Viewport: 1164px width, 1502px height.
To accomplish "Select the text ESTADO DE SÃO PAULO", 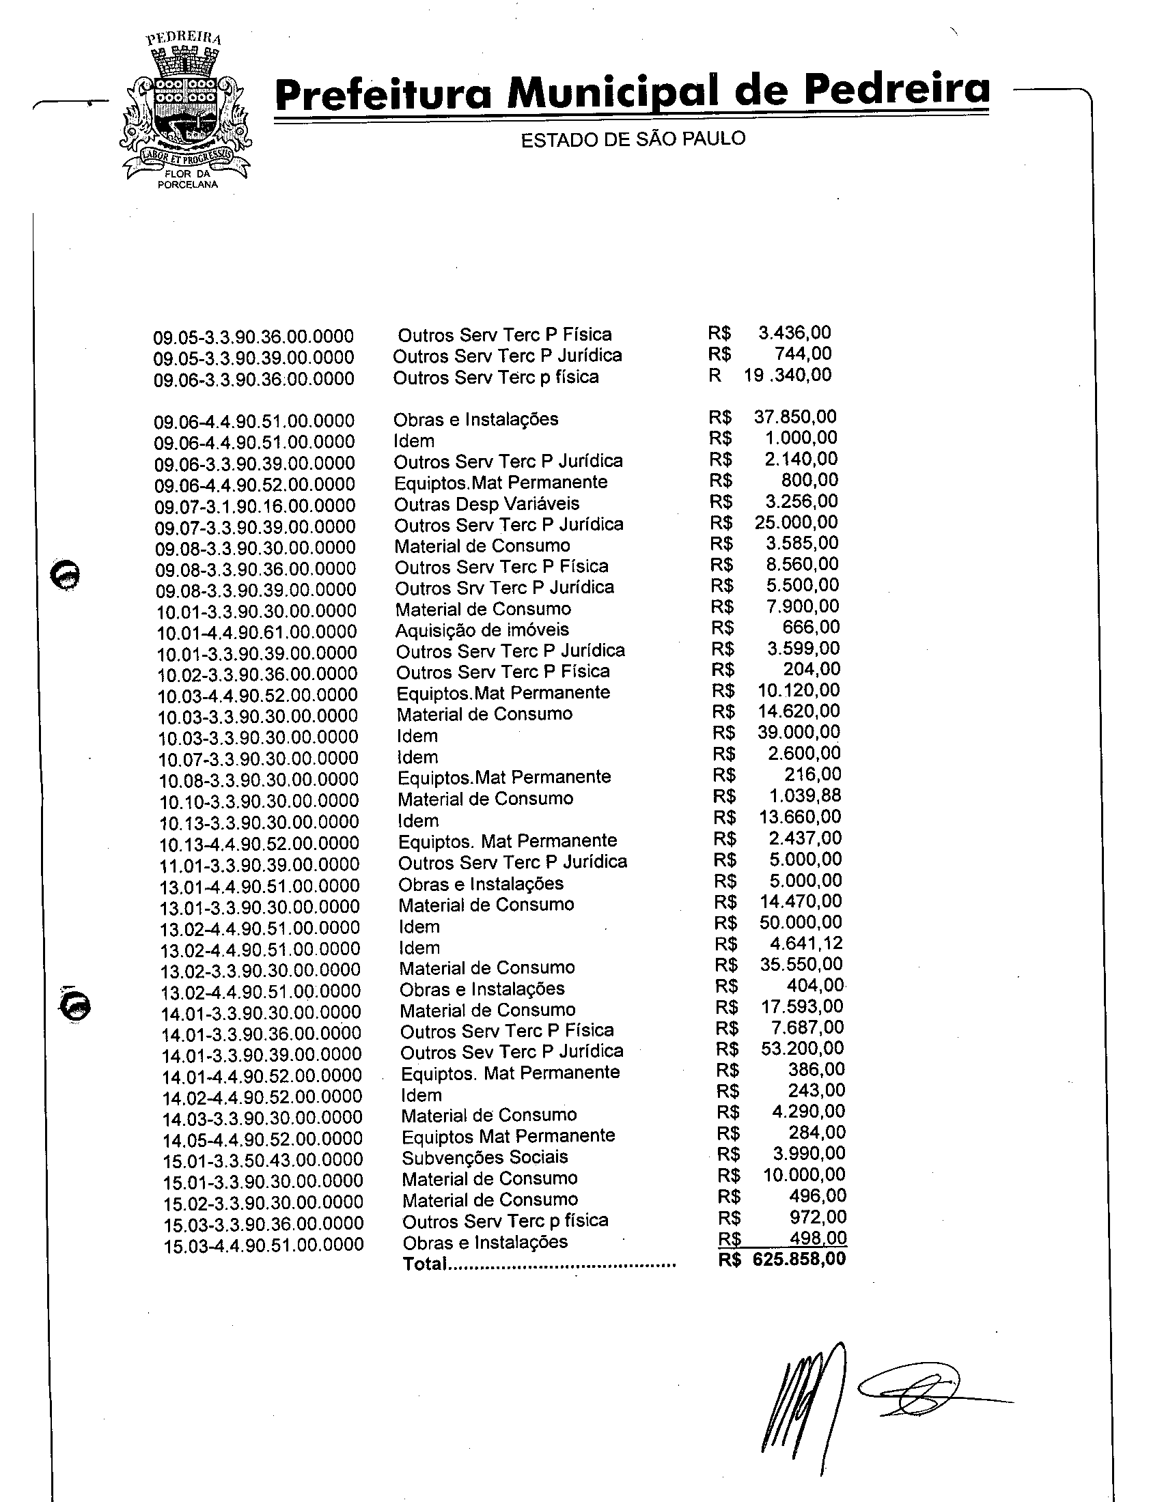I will (633, 139).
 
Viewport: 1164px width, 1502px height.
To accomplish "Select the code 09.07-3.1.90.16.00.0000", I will (255, 505).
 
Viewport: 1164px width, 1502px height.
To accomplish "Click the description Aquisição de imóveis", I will (482, 630).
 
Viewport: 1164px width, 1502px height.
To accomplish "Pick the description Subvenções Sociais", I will (485, 1157).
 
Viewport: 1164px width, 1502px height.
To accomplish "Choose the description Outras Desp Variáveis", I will (486, 504).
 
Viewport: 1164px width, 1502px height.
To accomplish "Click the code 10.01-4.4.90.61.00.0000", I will (257, 632).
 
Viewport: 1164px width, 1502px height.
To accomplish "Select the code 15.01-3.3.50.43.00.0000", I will (262, 1160).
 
